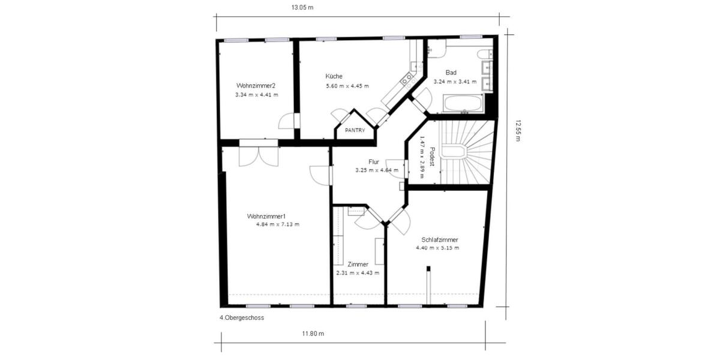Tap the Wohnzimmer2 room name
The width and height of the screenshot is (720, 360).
pyautogui.click(x=256, y=85)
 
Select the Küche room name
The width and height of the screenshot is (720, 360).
pyautogui.click(x=334, y=76)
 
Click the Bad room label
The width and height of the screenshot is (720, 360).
pyautogui.click(x=451, y=72)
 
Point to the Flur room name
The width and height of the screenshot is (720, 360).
pyautogui.click(x=374, y=161)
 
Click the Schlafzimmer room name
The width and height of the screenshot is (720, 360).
pyautogui.click(x=440, y=239)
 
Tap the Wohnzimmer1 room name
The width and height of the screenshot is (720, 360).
pyautogui.click(x=266, y=216)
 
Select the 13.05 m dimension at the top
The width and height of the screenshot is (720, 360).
pyautogui.click(x=302, y=8)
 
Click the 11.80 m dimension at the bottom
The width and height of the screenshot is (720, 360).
pyautogui.click(x=313, y=334)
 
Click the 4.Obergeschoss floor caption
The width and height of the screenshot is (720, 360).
pyautogui.click(x=242, y=318)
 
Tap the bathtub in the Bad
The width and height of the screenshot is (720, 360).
pyautogui.click(x=462, y=103)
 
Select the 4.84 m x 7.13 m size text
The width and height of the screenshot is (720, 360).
pyautogui.click(x=277, y=224)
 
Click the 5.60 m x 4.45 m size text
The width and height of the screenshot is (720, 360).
pyautogui.click(x=347, y=86)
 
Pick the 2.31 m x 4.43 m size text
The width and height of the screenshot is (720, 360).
pyautogui.click(x=358, y=273)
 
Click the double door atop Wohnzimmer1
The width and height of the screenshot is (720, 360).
pyautogui.click(x=259, y=153)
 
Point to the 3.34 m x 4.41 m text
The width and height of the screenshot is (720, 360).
pyautogui.click(x=256, y=94)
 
